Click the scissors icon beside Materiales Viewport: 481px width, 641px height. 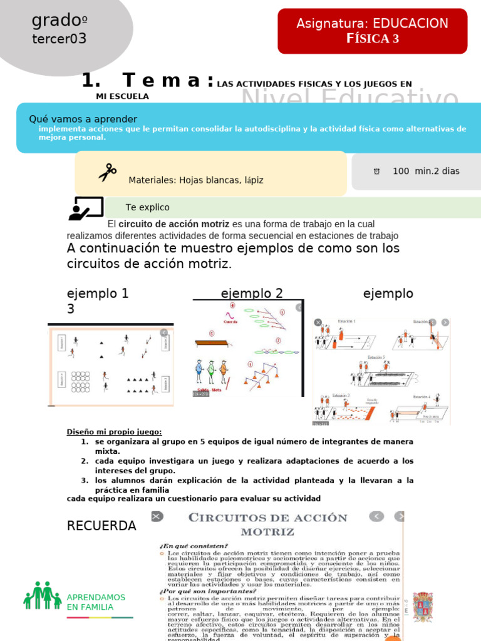[107, 172]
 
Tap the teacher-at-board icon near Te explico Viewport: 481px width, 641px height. [85, 208]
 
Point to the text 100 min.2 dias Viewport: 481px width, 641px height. [425, 171]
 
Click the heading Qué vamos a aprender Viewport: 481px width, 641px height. [83, 119]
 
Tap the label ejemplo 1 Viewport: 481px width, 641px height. [98, 294]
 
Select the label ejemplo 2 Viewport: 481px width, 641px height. [252, 294]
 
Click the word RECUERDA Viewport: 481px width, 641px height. [101, 526]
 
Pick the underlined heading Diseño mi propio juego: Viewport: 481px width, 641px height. [114, 432]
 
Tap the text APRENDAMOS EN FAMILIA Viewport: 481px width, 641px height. [96, 602]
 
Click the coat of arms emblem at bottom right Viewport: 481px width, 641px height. [423, 607]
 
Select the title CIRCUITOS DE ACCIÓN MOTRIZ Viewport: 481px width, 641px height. [267, 525]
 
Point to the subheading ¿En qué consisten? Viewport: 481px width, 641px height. [194, 546]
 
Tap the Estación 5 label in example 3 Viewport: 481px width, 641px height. [376, 357]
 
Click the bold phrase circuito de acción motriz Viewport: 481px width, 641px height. [174, 224]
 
